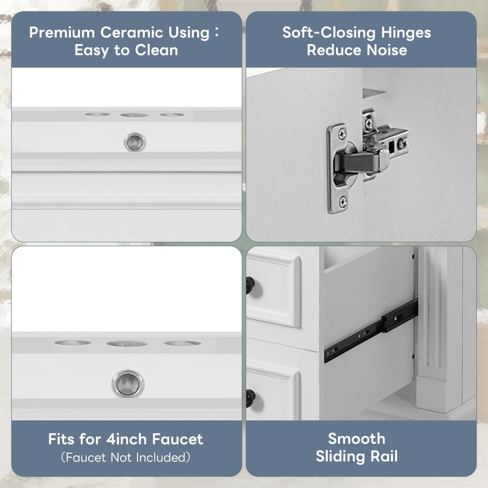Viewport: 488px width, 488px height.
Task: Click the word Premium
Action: [62, 33]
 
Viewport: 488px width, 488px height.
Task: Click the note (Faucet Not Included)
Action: [126, 457]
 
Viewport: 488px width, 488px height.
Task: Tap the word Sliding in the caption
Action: [342, 456]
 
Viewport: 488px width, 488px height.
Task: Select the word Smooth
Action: [357, 439]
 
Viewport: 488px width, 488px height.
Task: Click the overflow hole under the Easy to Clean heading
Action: [135, 142]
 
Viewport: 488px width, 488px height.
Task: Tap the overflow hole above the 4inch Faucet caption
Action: [128, 384]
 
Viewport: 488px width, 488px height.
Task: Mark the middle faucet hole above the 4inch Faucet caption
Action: [127, 343]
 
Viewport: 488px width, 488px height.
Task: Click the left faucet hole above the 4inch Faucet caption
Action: [73, 343]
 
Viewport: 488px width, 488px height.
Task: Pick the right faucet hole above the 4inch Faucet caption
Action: [182, 343]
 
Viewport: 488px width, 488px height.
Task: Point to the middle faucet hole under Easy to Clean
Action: [134, 115]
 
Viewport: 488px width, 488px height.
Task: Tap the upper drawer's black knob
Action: [250, 285]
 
